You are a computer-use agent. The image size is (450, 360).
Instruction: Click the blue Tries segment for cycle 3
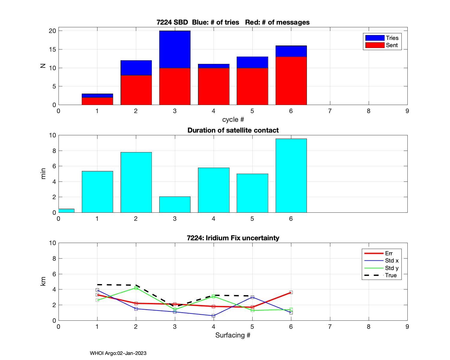click(175, 49)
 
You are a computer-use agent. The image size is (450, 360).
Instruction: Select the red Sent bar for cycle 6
click(291, 81)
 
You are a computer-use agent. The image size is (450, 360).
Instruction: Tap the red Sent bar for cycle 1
click(97, 101)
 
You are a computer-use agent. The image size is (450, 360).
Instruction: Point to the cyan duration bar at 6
click(291, 175)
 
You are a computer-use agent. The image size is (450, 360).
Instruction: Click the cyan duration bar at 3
click(175, 205)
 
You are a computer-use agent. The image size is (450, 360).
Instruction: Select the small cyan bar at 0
click(66, 211)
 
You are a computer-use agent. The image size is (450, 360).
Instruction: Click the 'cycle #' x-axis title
click(233, 120)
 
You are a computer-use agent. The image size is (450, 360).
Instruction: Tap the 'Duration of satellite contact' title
click(233, 130)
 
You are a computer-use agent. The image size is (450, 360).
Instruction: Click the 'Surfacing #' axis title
click(233, 335)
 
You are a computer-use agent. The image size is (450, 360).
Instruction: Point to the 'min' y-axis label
click(43, 174)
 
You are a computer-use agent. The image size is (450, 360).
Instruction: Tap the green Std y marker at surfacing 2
click(136, 288)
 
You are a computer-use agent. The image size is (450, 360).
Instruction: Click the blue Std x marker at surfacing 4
click(213, 316)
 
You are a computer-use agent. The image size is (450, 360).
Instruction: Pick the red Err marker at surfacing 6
click(291, 292)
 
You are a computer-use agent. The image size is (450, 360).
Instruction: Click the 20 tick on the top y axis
click(52, 31)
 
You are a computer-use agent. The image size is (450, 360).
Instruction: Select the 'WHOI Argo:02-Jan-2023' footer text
click(118, 353)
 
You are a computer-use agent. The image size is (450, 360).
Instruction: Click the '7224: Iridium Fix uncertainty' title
click(233, 238)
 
